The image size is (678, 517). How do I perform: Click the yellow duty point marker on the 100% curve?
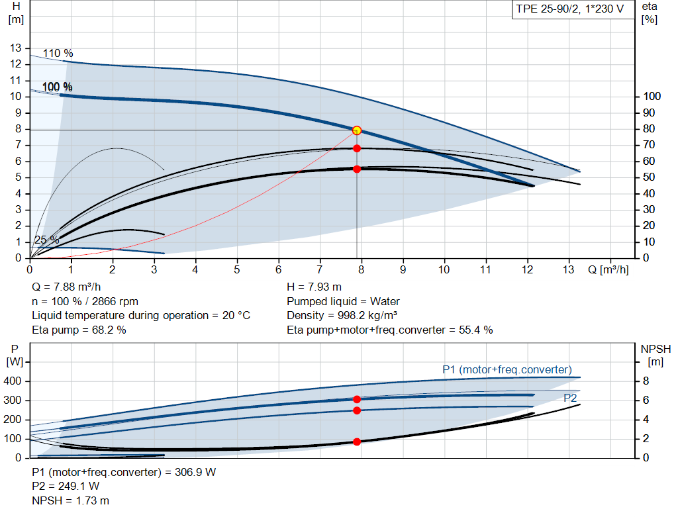(x=357, y=130)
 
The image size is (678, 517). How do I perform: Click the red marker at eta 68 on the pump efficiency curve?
(x=357, y=148)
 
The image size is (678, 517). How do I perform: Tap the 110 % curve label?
(x=58, y=53)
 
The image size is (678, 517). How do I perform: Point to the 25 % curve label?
(x=46, y=240)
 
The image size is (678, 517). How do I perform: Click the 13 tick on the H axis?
(x=16, y=48)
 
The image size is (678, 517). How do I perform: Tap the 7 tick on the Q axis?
(x=320, y=269)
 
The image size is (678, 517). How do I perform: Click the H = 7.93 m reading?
(x=315, y=287)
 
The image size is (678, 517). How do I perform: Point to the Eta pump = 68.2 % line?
(x=79, y=330)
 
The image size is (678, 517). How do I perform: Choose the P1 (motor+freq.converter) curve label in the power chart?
(x=507, y=369)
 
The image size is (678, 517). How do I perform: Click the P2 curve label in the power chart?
(x=570, y=398)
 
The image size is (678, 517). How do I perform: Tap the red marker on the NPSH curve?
(x=357, y=442)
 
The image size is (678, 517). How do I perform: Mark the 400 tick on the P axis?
(x=14, y=381)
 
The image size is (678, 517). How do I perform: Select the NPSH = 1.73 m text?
(x=71, y=500)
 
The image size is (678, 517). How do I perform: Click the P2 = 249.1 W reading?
(x=66, y=487)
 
